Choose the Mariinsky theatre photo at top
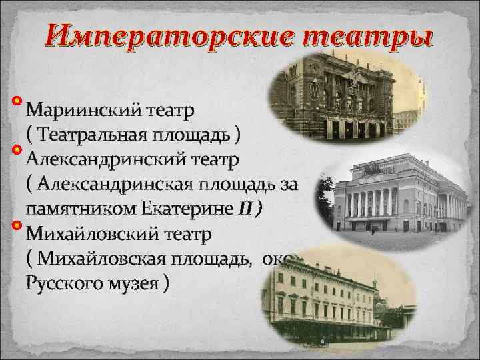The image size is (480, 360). click(343, 93)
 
